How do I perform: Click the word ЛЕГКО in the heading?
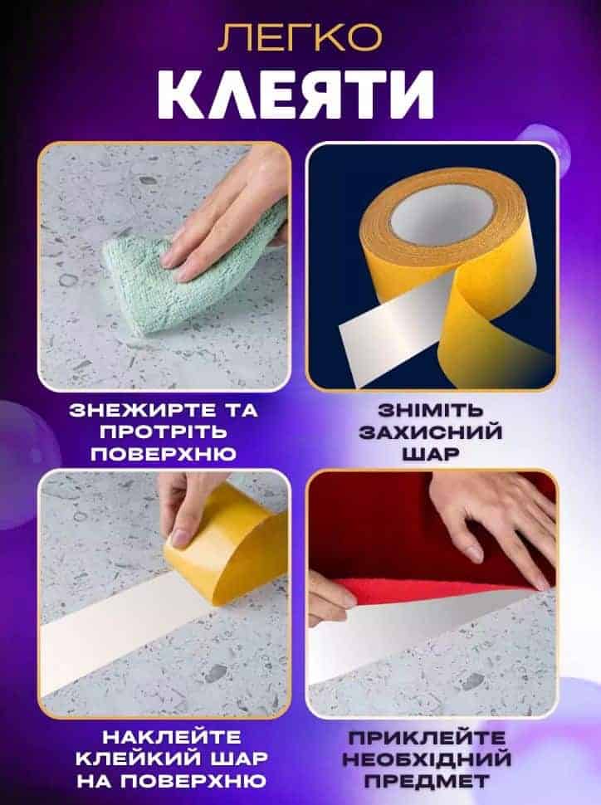click(x=300, y=37)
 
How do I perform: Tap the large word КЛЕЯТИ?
click(x=296, y=95)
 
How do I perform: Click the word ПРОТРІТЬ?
click(x=164, y=432)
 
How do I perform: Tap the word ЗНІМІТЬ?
click(x=431, y=410)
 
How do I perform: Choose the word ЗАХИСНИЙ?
click(x=431, y=432)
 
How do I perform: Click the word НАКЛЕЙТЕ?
click(x=172, y=738)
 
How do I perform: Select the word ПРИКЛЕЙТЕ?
click(x=427, y=739)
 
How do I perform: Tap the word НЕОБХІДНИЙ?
click(x=427, y=759)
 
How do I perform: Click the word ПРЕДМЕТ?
click(x=427, y=782)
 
